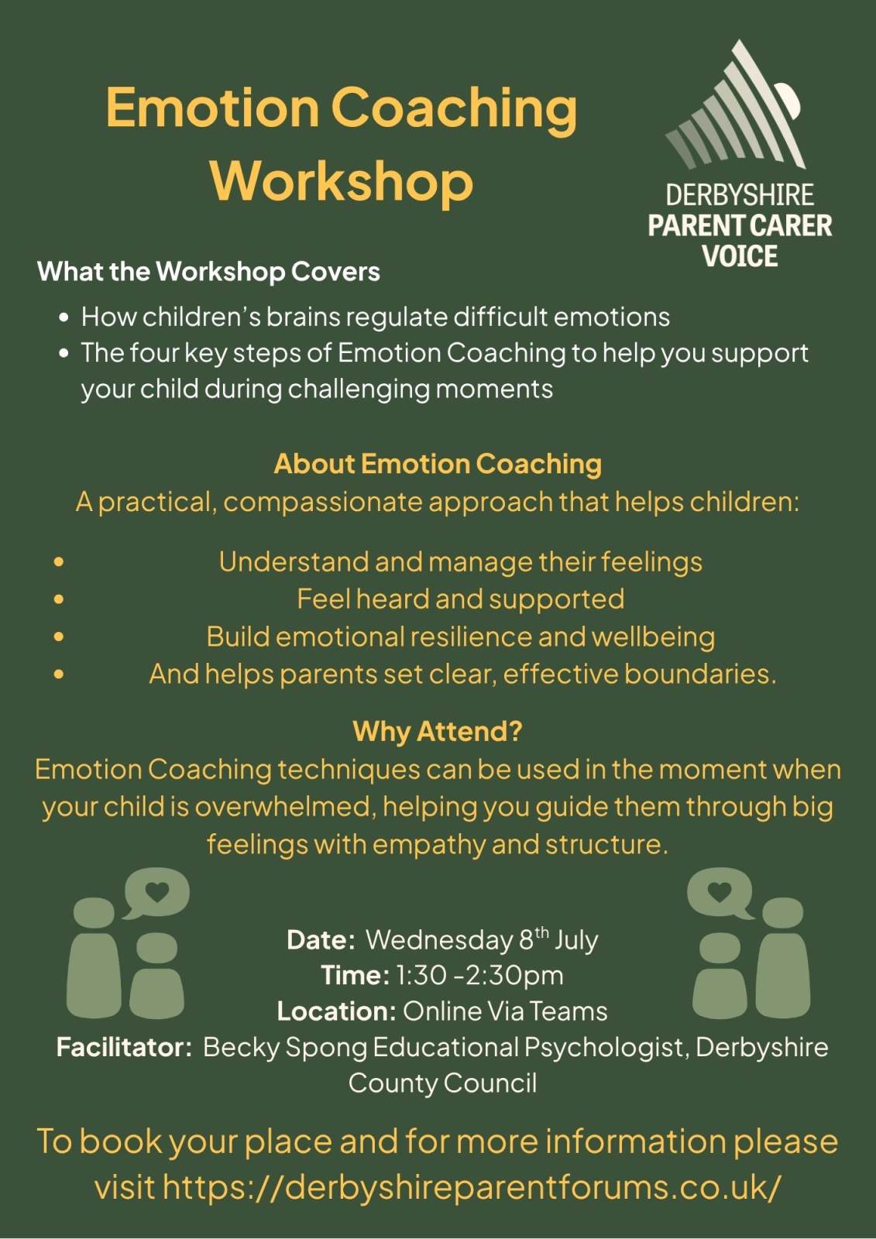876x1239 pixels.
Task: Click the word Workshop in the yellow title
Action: (x=342, y=181)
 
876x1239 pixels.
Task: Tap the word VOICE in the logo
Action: (x=740, y=256)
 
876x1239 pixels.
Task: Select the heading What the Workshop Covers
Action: (x=208, y=272)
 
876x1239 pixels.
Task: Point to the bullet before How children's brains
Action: (x=65, y=318)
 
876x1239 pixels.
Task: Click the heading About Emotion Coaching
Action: (x=438, y=464)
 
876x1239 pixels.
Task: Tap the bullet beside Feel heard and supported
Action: (x=59, y=599)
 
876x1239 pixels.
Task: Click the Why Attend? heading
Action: (x=438, y=731)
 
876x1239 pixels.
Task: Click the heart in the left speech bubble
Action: (x=156, y=891)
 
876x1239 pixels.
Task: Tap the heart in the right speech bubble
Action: (x=720, y=891)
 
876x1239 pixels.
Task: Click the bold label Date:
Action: (x=321, y=940)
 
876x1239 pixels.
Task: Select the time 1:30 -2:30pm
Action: (x=479, y=976)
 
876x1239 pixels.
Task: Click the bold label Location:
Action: (x=336, y=1011)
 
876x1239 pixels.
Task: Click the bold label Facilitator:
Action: (x=125, y=1048)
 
